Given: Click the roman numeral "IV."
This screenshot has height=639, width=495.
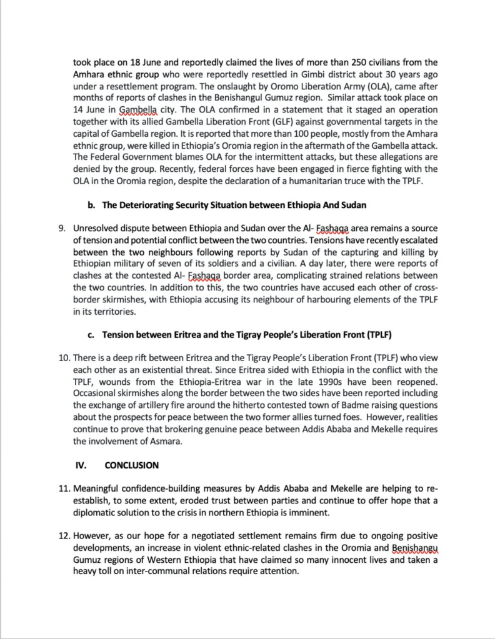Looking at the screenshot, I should pyautogui.click(x=81, y=465).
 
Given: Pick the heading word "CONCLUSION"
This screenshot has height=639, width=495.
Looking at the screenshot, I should pyautogui.click(x=132, y=465).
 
